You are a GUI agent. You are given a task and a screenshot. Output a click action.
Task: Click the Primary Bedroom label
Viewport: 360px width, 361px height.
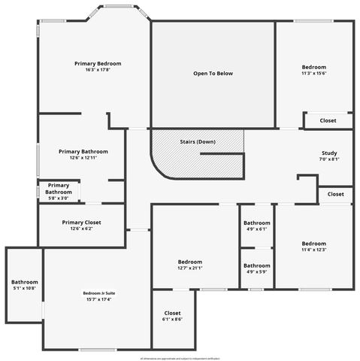coord(98,64)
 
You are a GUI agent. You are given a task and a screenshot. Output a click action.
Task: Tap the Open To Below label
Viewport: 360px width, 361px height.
coord(213,74)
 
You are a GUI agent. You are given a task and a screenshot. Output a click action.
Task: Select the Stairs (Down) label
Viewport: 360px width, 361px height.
coord(198,141)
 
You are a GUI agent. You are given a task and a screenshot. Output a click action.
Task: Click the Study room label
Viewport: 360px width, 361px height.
coord(329,153)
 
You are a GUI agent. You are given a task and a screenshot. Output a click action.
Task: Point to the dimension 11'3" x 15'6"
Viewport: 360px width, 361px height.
coord(313,74)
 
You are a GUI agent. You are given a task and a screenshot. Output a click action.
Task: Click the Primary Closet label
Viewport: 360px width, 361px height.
coord(81,223)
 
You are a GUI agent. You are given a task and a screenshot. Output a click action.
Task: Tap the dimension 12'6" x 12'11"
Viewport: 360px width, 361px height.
coord(83,158)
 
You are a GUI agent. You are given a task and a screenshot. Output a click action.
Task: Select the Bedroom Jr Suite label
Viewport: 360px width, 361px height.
coord(97,293)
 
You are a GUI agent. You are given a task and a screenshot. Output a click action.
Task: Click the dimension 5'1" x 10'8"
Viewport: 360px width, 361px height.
coord(25,289)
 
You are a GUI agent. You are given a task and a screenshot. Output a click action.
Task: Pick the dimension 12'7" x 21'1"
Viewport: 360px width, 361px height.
coord(190,268)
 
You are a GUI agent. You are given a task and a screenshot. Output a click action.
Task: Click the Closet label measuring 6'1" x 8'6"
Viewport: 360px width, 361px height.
coord(173,313)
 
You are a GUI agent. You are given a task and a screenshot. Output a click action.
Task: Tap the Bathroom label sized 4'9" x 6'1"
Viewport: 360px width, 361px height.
coord(256,223)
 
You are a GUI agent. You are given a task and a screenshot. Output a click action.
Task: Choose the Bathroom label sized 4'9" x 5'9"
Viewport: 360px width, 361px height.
coord(256,265)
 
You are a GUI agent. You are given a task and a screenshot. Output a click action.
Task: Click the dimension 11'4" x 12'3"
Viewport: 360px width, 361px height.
coord(313,250)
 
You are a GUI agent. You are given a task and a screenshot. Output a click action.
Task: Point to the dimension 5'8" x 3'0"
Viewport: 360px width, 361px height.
coord(59,199)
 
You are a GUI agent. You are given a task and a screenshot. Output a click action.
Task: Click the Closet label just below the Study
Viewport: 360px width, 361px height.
coord(335,194)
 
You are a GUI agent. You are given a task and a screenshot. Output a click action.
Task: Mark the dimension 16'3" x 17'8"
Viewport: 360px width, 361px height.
coord(98,71)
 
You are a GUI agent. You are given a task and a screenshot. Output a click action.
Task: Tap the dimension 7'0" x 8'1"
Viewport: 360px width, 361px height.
coord(329,159)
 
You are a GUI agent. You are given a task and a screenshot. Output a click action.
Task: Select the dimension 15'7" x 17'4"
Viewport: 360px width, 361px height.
coord(97,299)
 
